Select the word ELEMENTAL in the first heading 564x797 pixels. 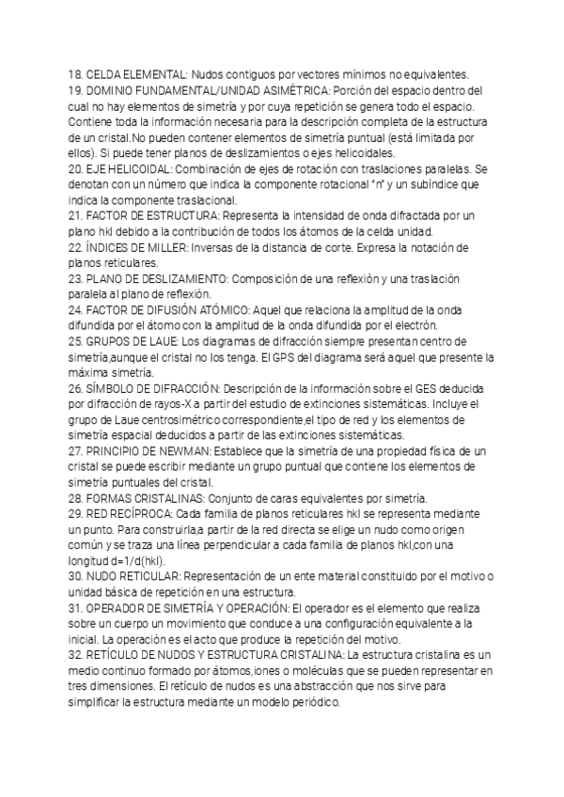143,75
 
